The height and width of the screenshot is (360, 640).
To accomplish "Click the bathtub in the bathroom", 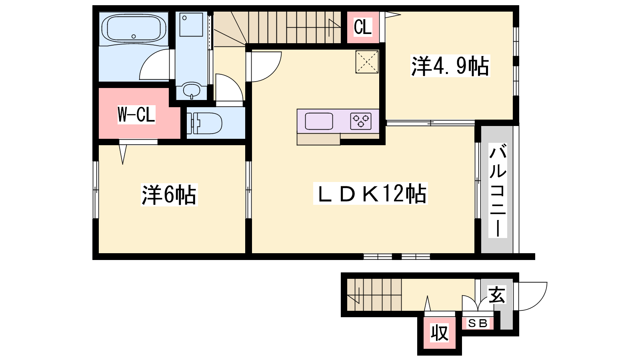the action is pos(134,28).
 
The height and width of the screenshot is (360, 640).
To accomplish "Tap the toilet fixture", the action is pos(204,123).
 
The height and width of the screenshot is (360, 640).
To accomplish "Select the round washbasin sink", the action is pos(192,90).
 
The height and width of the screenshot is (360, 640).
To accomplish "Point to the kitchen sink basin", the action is pos(319,121).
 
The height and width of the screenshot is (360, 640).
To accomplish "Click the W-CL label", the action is pos(136,114).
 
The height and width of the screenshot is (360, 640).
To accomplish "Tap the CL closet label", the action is pos(363,27).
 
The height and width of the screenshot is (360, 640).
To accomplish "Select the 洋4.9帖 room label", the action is pos(450,66).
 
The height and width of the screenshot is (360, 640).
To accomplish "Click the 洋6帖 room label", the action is pos(169,195).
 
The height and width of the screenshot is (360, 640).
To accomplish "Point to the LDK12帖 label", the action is pos(370,194).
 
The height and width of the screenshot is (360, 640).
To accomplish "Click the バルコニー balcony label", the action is pos(498,190).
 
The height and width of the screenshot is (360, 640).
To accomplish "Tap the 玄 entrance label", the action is pos(497,295).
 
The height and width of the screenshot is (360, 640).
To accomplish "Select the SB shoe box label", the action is pos(478,324).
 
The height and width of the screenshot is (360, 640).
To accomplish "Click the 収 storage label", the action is pos(440,333).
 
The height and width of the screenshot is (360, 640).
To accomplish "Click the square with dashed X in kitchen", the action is pos(367,62).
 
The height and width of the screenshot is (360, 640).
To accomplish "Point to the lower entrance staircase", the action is pos(374,294).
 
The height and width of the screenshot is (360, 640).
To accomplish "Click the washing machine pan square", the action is pos(191,24).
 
